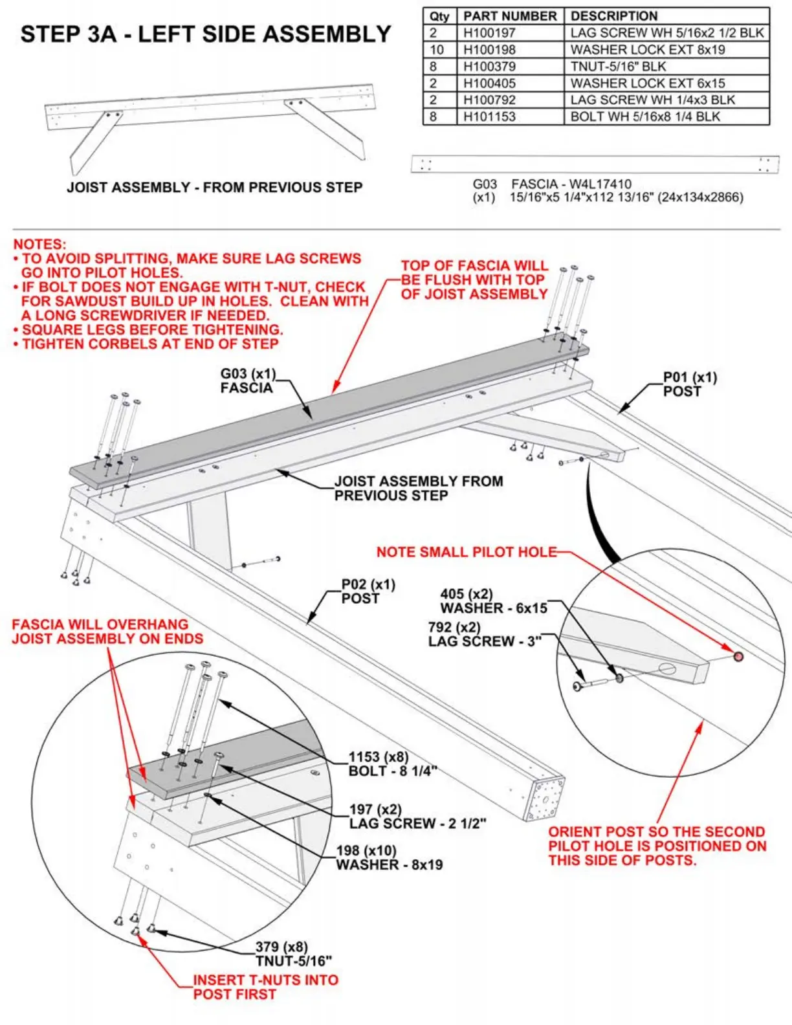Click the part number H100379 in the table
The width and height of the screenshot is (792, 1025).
tap(489, 67)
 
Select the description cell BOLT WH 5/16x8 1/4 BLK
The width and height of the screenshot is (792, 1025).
tap(645, 117)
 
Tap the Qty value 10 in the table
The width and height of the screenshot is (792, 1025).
tap(437, 50)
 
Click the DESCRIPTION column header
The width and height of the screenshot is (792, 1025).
tap(613, 16)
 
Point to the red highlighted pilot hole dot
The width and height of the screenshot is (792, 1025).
tap(738, 657)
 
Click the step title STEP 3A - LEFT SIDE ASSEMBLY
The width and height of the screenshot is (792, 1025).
tap(206, 34)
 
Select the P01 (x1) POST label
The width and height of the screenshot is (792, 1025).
tap(690, 384)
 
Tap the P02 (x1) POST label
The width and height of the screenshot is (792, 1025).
tap(368, 591)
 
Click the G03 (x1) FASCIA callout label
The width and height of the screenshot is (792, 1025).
tap(247, 380)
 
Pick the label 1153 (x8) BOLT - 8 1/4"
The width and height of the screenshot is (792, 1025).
tap(392, 764)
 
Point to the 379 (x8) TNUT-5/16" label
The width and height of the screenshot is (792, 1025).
tap(294, 954)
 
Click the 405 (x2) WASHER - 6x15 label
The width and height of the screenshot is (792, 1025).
tap(493, 601)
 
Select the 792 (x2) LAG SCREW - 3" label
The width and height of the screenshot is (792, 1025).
tap(484, 634)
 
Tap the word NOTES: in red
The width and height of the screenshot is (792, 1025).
tap(39, 245)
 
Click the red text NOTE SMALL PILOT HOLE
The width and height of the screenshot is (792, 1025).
tap(466, 552)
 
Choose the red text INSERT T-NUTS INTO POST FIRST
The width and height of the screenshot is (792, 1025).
tap(265, 987)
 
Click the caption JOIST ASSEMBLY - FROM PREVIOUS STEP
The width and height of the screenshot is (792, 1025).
tap(214, 188)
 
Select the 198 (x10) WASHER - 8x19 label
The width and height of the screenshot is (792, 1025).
tap(389, 857)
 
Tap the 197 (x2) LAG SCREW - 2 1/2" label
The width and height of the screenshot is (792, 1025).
tap(417, 816)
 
